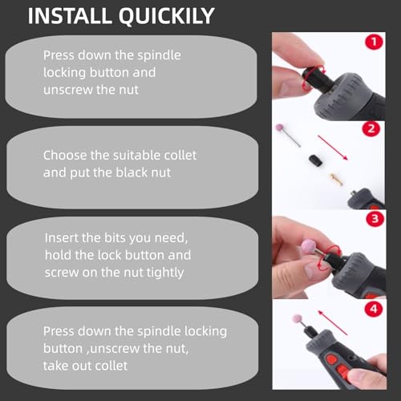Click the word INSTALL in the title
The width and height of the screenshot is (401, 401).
[70, 16]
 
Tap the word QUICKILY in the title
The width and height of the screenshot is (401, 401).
[167, 17]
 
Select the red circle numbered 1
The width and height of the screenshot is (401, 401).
[374, 42]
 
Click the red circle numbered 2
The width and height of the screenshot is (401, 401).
[371, 129]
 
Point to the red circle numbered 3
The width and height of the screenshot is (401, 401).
[375, 219]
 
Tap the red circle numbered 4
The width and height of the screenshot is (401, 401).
[374, 310]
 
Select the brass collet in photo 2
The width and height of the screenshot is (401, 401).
[336, 179]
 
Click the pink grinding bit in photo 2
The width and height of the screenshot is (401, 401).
[288, 135]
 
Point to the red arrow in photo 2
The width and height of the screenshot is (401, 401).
[333, 148]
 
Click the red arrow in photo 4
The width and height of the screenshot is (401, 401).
[332, 322]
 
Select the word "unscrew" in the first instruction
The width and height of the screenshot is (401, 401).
[68, 90]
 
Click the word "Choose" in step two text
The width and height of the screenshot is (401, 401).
[65, 156]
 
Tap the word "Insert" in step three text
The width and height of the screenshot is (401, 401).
[62, 237]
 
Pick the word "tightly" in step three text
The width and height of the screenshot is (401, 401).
[165, 273]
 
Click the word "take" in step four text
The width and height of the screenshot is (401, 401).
[55, 366]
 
